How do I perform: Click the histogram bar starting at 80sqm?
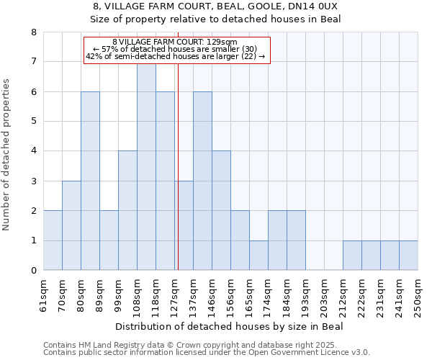pos(90,181)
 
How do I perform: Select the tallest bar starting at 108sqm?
pos(146,166)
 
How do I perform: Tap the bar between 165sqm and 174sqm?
pos(258,256)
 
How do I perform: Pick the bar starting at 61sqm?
pos(53,240)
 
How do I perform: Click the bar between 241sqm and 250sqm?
pos(408,256)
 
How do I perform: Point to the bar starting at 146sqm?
pos(221,210)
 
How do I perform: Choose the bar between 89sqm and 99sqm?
pos(109,240)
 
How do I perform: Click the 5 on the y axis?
pos(34,121)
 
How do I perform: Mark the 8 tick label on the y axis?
pos(34,32)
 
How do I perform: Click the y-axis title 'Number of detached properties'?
pos(6,156)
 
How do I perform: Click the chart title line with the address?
pos(216,6)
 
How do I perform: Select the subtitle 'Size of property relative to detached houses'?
pos(216,19)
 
